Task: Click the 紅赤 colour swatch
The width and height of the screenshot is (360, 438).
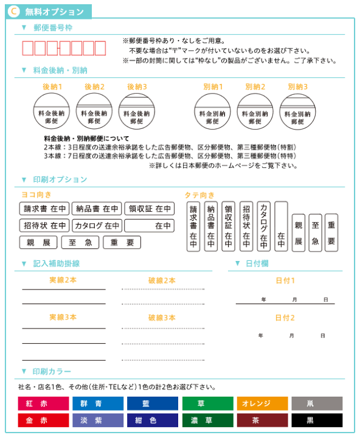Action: [x=44, y=404]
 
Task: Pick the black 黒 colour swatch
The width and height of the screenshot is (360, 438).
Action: [x=316, y=420]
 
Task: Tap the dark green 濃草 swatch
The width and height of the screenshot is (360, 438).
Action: [x=207, y=420]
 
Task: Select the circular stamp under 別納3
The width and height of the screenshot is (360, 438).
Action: [x=297, y=111]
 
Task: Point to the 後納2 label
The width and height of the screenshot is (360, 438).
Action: [x=95, y=87]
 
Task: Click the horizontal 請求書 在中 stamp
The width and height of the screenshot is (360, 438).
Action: [x=44, y=209]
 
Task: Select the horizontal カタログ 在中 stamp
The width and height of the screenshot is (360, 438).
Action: [x=97, y=226]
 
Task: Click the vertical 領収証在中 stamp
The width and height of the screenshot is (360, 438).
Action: [x=228, y=226]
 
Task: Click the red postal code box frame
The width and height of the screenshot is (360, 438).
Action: [x=59, y=49]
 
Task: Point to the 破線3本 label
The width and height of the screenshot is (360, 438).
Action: [x=162, y=318]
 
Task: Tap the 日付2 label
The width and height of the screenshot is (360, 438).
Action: [x=285, y=318]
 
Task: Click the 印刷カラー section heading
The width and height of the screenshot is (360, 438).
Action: [x=52, y=371]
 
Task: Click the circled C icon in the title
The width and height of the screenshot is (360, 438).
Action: [x=15, y=12]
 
